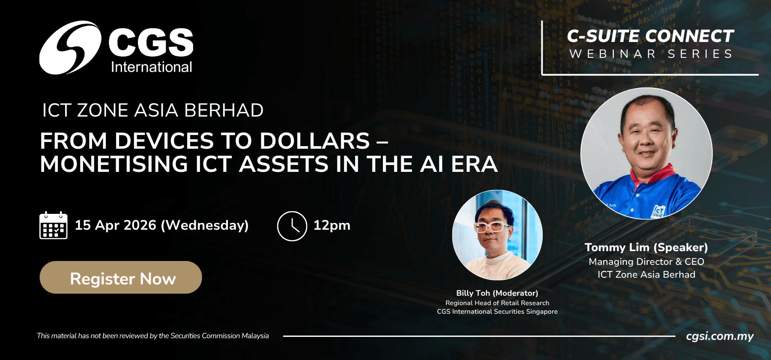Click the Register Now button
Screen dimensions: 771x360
[121, 277]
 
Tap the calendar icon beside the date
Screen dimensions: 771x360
[54, 225]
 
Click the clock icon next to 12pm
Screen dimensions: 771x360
[292, 226]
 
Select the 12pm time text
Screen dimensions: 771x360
[332, 225]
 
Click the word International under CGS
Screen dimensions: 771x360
[152, 67]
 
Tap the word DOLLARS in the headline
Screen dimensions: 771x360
[315, 141]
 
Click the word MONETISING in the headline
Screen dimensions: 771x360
[114, 164]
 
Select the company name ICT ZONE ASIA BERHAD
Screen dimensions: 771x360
[153, 110]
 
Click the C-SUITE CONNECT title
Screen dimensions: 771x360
[651, 36]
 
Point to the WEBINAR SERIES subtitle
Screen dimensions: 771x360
[651, 54]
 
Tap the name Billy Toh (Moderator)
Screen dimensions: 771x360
[497, 293]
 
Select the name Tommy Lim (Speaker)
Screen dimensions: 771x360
[646, 248]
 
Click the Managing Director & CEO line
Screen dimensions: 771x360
[646, 261]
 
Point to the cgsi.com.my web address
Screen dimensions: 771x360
[720, 336]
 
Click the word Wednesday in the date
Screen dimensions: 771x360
[205, 225]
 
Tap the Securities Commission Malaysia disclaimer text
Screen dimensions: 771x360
[153, 336]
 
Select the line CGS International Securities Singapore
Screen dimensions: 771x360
[497, 312]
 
